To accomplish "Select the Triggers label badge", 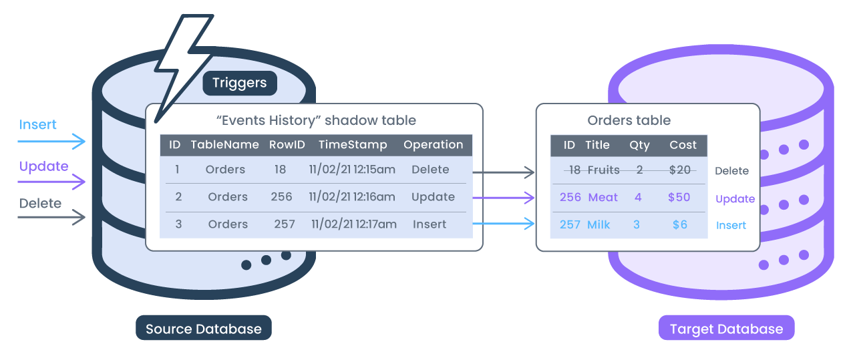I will pos(239,83).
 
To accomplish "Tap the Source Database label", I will pos(204,329).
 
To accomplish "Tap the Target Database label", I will pos(726,329).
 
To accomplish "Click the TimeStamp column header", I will pos(352,145).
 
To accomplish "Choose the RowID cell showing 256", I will pos(281,197).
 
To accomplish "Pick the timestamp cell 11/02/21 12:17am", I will pos(353,224).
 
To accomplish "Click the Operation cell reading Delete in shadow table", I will pos(430,170).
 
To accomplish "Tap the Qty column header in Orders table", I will pos(639,145).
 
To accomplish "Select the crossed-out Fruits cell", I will pos(603,170).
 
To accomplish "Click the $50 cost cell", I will pos(679,198).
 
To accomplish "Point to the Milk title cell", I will pos(598,225).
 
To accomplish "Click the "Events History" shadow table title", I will pos(316,121).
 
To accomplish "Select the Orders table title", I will pos(629,121).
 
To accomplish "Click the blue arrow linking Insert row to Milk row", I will pos(504,224).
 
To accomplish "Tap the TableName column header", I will pos(224,145).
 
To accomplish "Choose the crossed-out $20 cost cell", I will pos(679,170).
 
